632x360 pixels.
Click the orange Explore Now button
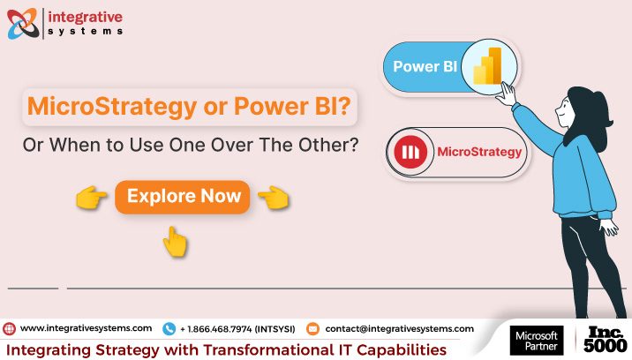(x=183, y=196)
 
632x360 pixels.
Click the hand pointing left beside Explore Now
(x=275, y=197)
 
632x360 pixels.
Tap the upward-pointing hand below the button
(x=176, y=240)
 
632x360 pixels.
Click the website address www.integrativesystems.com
(x=86, y=328)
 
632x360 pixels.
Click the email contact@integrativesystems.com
(x=399, y=328)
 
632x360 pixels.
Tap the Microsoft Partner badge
(x=536, y=341)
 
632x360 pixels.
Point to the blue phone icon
(x=169, y=328)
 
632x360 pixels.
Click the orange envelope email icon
(x=312, y=328)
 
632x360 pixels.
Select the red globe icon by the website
(x=10, y=328)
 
